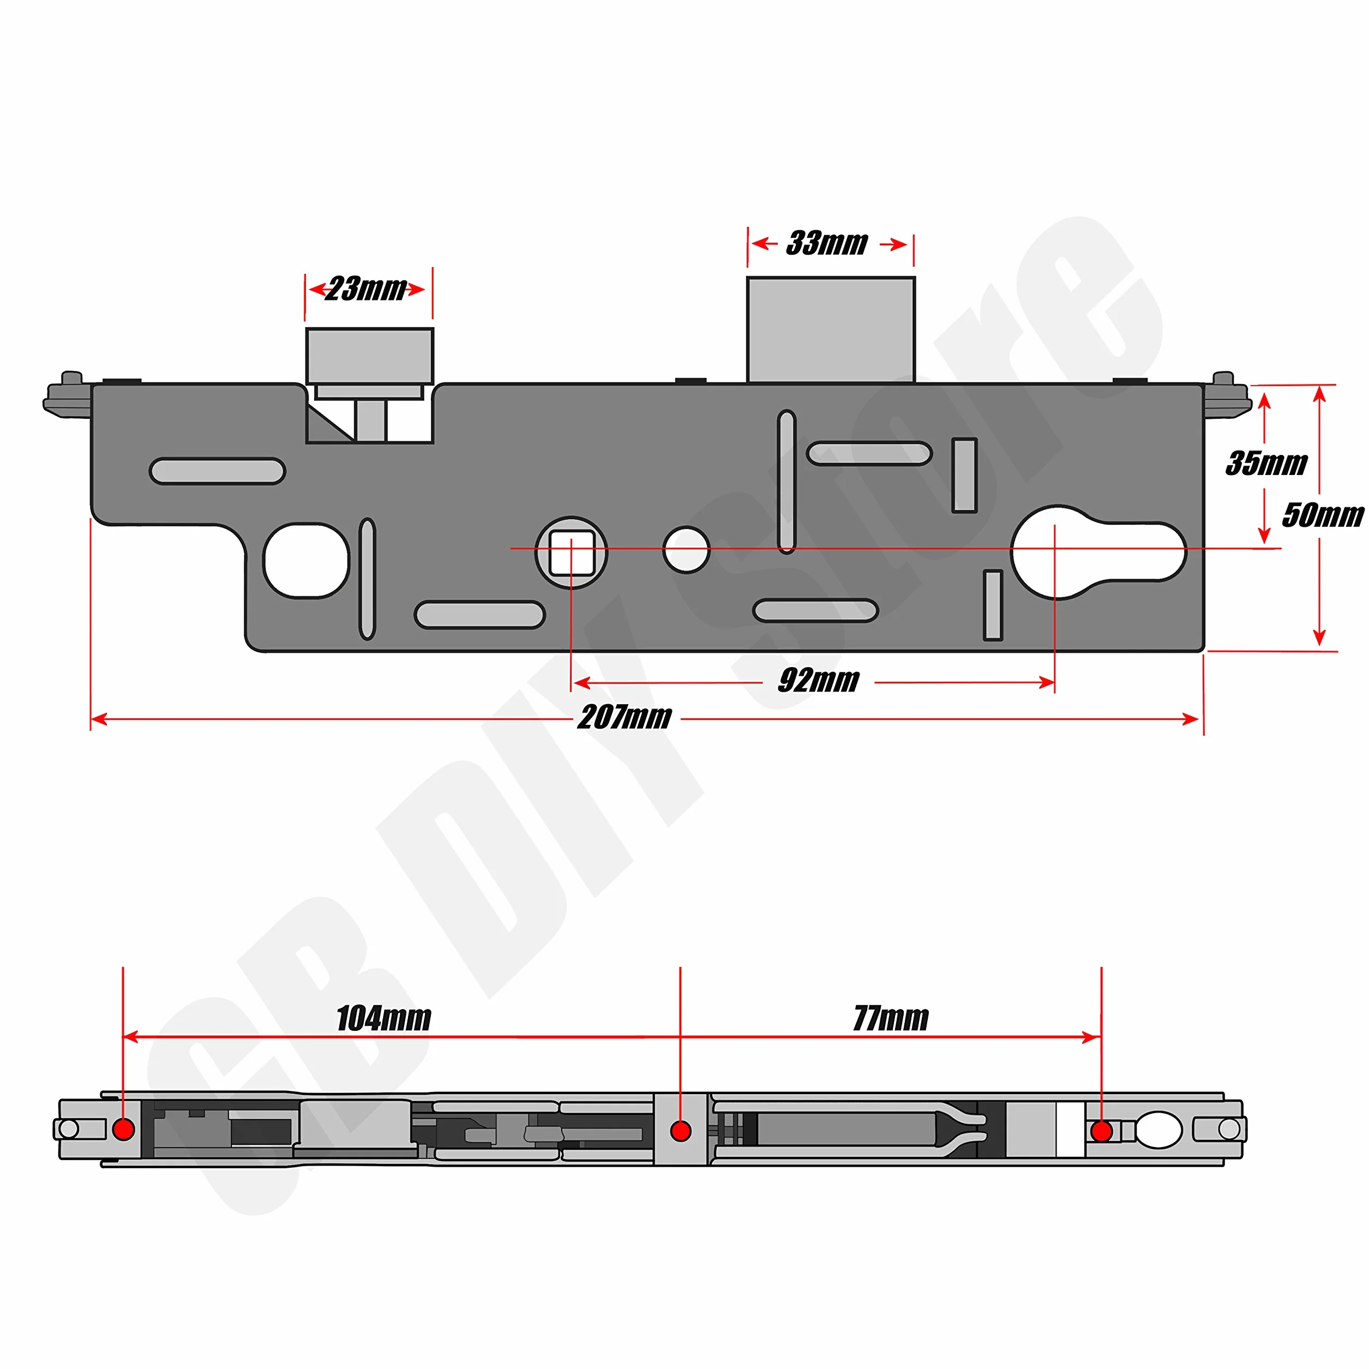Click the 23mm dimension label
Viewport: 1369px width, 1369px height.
[365, 289]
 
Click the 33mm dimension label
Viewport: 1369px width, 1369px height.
[827, 243]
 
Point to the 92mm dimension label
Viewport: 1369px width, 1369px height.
[819, 680]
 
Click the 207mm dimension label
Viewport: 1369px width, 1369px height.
[625, 717]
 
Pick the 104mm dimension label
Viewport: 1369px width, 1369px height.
[383, 1018]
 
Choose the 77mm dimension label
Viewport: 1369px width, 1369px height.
[891, 1018]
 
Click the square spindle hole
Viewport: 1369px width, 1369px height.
[572, 553]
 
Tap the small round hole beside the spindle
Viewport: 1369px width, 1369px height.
[686, 550]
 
